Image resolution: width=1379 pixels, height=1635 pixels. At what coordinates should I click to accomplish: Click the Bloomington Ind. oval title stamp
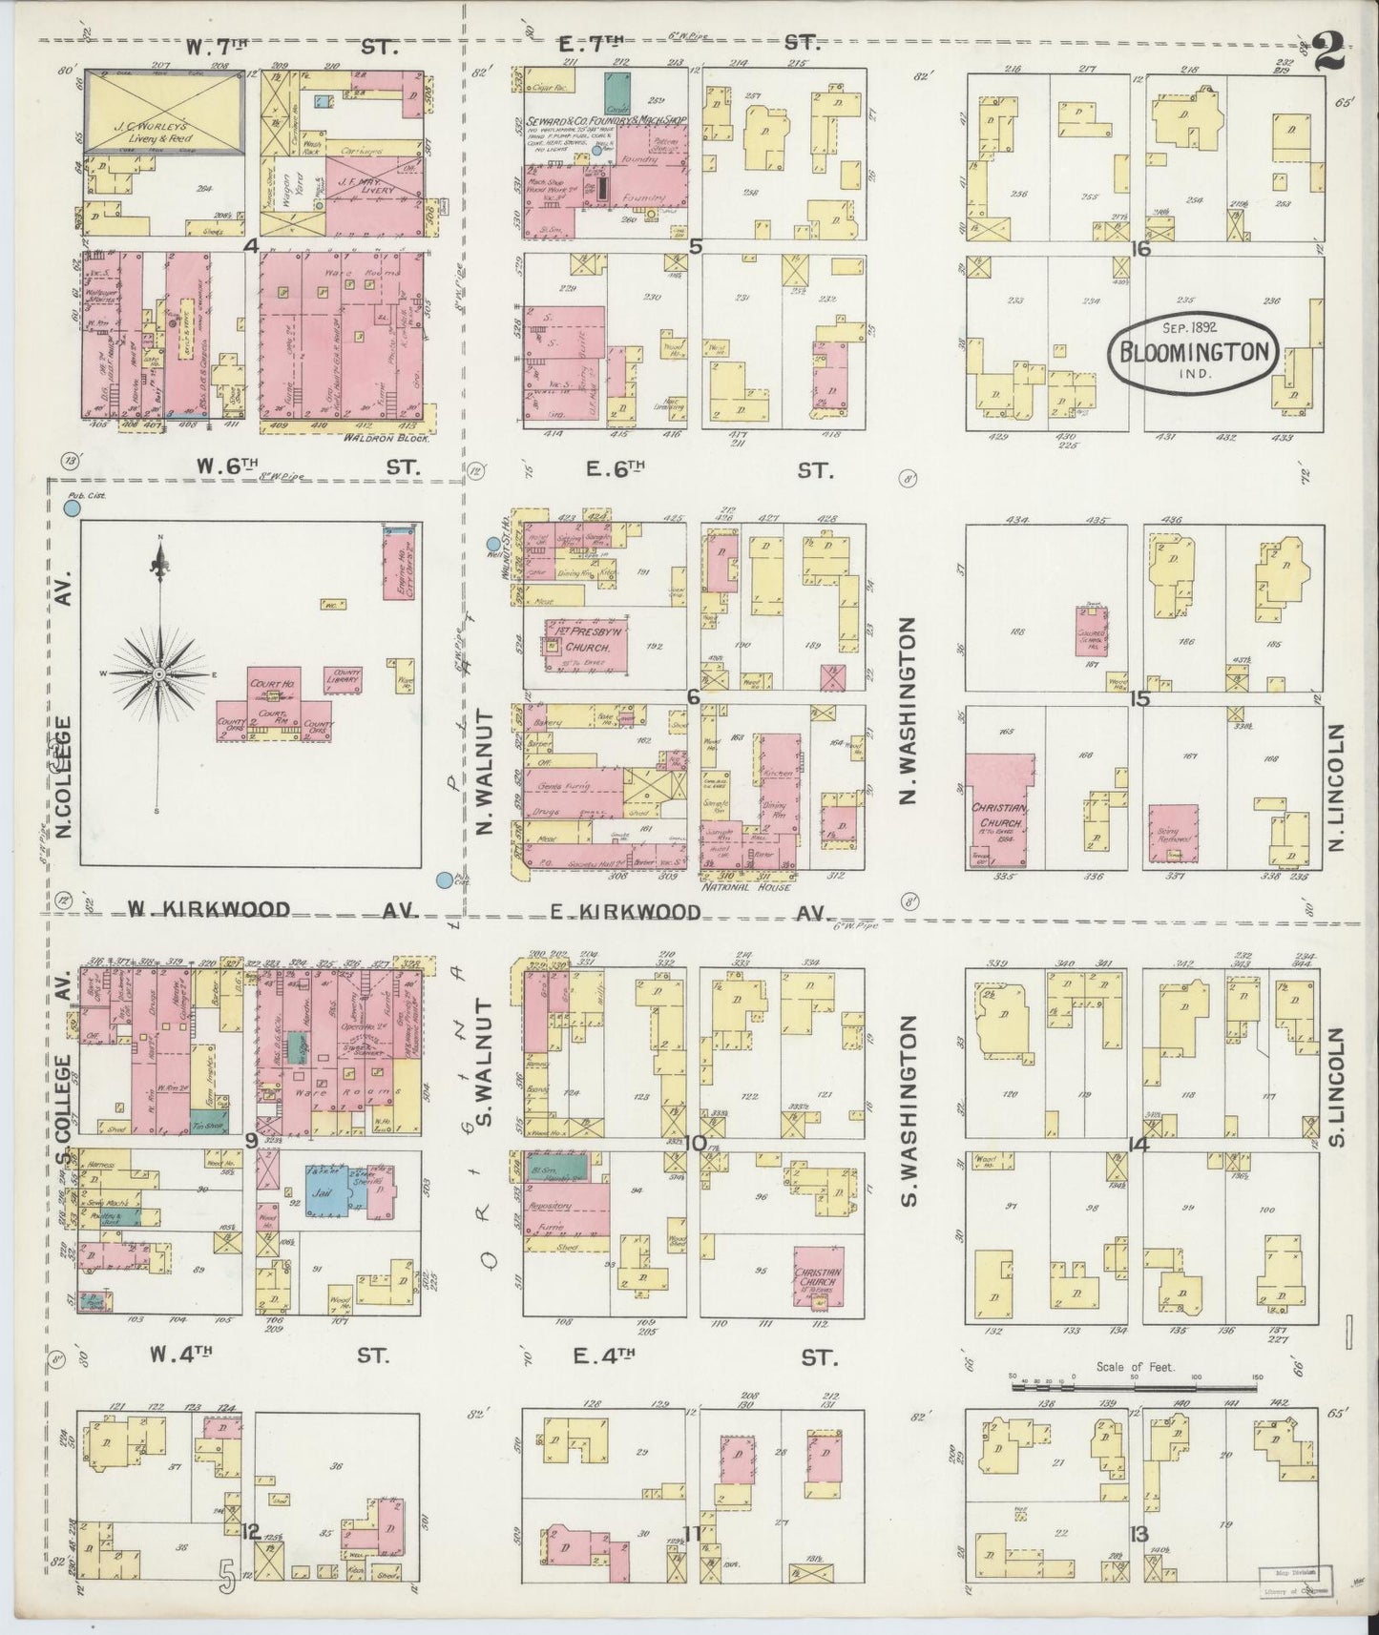click(x=1194, y=354)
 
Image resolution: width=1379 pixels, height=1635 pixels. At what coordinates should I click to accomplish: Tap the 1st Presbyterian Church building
click(x=585, y=647)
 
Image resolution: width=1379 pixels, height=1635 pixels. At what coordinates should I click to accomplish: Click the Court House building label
click(x=270, y=685)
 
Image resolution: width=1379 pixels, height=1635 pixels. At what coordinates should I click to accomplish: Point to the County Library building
click(x=343, y=676)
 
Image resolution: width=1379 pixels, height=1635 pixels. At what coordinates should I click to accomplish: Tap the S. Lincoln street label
click(x=1335, y=1087)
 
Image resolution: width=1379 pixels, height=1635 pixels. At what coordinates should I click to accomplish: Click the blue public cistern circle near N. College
click(x=71, y=509)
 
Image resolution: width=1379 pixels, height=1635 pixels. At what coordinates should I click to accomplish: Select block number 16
click(x=1139, y=249)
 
